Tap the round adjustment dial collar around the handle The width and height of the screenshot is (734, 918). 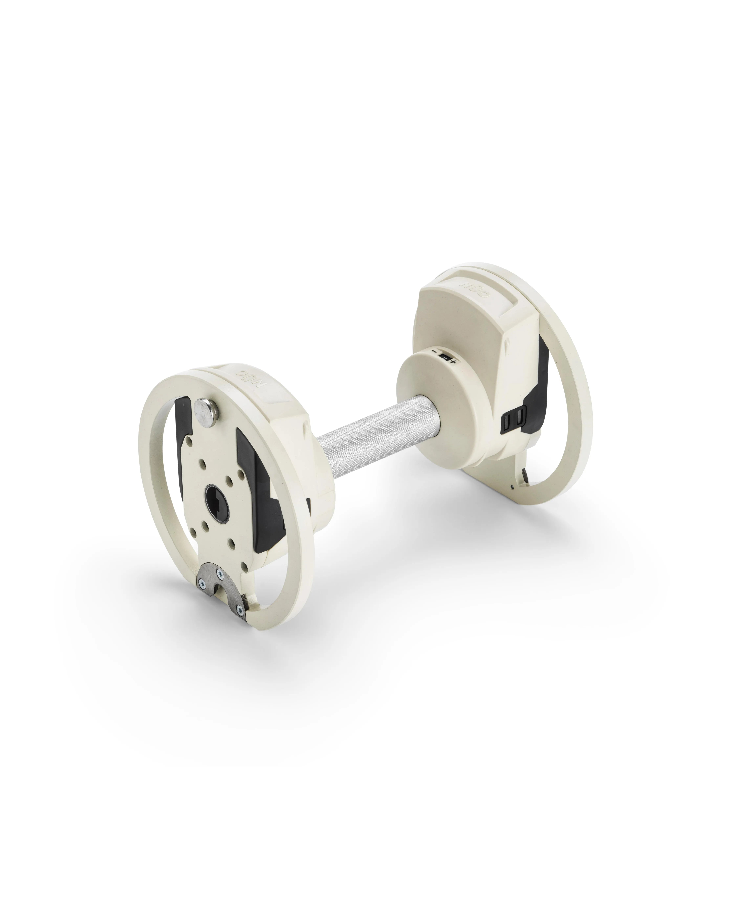pyautogui.click(x=430, y=385)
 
